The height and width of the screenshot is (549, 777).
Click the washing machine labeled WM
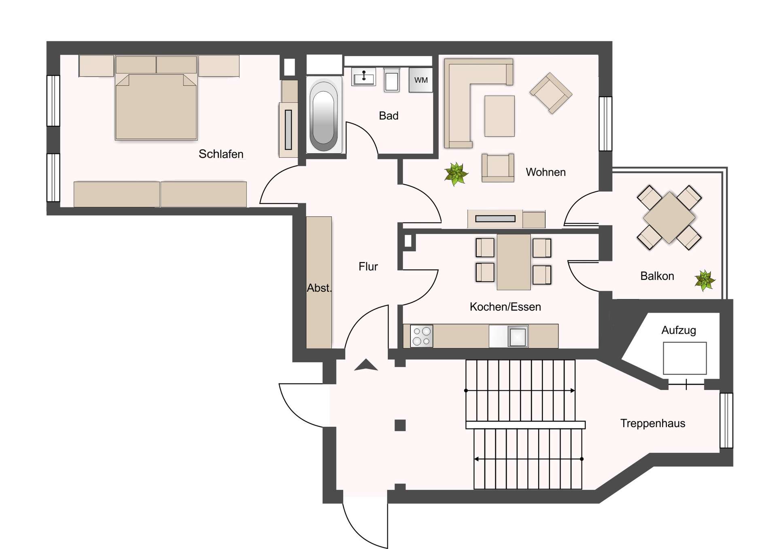tap(420, 80)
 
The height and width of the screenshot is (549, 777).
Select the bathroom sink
tap(363, 76)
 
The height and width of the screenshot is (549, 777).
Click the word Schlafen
tap(221, 154)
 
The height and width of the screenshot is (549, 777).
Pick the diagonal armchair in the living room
tap(550, 93)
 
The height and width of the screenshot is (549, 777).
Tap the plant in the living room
tap(456, 174)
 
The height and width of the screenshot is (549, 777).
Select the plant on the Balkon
tap(705, 280)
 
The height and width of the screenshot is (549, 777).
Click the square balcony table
tap(669, 217)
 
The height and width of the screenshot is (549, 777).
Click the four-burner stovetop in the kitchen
tap(422, 336)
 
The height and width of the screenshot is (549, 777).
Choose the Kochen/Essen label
tap(505, 307)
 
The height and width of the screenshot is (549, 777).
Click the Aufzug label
tap(678, 331)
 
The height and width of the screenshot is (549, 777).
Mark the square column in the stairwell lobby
tap(400, 425)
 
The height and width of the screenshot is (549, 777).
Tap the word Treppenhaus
tap(652, 424)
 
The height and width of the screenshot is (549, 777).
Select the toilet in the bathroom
tap(391, 81)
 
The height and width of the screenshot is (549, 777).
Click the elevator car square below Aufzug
tap(684, 358)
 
